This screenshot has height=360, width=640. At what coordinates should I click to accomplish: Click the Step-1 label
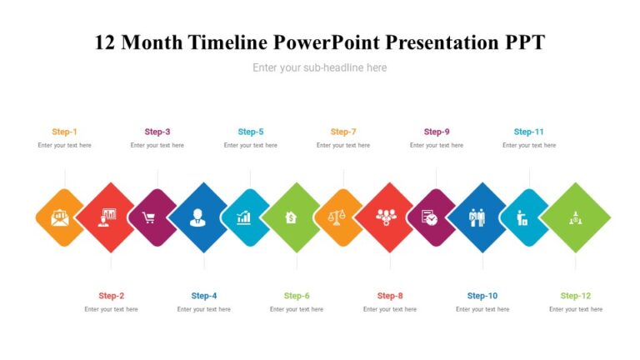tap(64, 132)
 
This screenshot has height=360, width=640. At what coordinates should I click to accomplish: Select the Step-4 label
tap(204, 296)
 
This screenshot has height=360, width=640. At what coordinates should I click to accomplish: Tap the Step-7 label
tap(343, 132)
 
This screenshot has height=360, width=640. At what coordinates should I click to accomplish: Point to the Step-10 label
tap(482, 296)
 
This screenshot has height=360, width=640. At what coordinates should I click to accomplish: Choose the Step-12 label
tap(575, 296)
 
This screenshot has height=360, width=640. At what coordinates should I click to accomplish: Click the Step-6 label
tap(297, 296)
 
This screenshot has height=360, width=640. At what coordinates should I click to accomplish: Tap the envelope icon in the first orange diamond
tap(60, 218)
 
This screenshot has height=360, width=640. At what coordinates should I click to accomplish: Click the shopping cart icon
tap(149, 218)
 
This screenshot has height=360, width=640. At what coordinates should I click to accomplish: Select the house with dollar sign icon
tap(291, 217)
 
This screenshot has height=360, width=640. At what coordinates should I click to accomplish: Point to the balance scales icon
tap(336, 217)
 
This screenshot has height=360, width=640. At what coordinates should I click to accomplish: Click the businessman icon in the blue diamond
tap(197, 217)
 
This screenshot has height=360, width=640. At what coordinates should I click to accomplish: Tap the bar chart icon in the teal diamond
tap(243, 217)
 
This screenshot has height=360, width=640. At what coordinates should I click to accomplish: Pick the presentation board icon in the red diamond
tap(106, 217)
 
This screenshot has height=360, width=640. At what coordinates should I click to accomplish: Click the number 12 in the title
tap(105, 42)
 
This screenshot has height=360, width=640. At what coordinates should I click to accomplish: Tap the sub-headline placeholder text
tap(320, 67)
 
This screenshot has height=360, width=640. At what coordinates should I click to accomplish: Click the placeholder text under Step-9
tap(437, 145)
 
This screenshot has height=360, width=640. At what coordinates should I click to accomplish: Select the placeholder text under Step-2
tap(111, 309)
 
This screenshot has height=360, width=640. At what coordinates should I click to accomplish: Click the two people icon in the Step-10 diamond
tap(476, 217)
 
